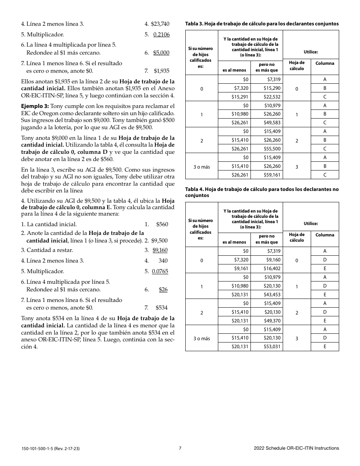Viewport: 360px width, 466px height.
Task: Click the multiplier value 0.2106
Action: click(x=161, y=34)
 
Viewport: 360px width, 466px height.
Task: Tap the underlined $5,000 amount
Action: click(x=161, y=53)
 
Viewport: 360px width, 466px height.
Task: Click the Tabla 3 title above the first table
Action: click(x=261, y=24)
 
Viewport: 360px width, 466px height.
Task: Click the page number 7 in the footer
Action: click(x=180, y=448)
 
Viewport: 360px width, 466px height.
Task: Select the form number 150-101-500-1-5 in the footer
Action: click(x=40, y=449)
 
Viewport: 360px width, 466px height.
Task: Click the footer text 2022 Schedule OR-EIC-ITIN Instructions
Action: click(x=296, y=448)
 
